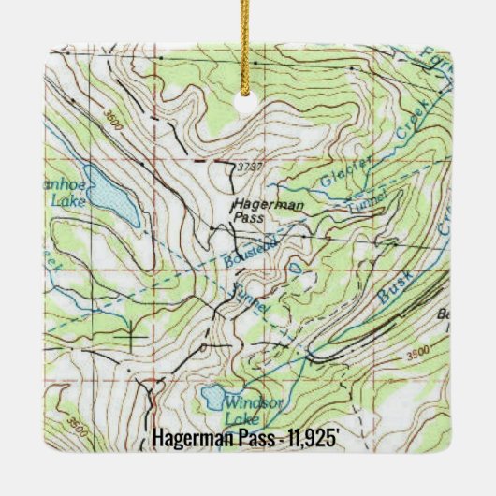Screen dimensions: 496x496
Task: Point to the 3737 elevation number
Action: [251, 167]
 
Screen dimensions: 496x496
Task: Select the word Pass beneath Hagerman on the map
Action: [250, 217]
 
